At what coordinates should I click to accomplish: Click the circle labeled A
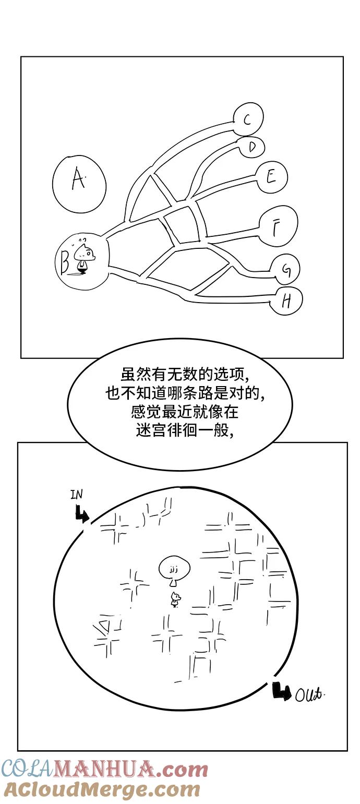click(x=79, y=183)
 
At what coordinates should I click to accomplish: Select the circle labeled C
click(x=247, y=119)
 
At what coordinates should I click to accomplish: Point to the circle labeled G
click(x=285, y=270)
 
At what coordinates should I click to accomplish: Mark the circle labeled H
click(x=286, y=301)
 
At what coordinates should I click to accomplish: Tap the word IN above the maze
click(x=76, y=495)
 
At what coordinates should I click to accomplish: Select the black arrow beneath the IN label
click(x=81, y=515)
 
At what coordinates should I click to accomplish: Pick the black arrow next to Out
click(x=282, y=691)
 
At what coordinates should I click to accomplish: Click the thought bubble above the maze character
click(x=174, y=569)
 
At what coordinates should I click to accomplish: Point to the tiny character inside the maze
click(x=175, y=599)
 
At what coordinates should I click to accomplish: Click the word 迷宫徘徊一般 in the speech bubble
click(x=179, y=431)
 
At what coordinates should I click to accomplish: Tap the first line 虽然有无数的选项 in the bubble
click(x=179, y=375)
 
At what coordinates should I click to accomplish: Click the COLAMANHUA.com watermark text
click(x=104, y=770)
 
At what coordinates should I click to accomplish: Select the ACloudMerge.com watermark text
click(x=101, y=790)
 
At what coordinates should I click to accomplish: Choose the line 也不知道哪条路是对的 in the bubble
click(x=179, y=394)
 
